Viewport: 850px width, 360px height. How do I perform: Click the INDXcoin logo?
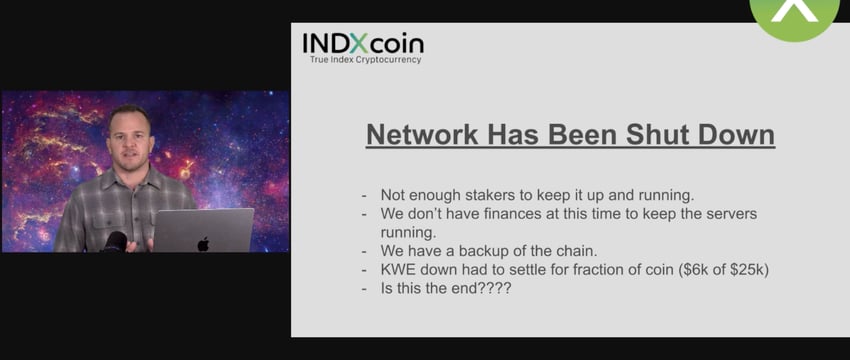(x=363, y=43)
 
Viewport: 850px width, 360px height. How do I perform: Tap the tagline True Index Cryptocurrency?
(x=365, y=60)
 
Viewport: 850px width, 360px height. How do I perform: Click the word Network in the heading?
(x=422, y=134)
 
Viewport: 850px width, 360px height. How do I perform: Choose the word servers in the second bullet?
(x=731, y=214)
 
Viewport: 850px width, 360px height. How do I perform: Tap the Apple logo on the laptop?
(x=203, y=244)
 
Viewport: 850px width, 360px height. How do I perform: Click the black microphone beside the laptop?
(x=115, y=242)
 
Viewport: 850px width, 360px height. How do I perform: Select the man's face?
(x=130, y=142)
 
